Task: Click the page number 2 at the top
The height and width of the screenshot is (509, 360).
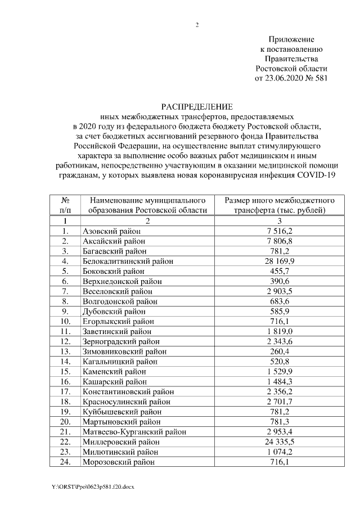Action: coord(197,24)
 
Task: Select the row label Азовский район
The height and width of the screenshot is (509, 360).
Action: coord(111,231)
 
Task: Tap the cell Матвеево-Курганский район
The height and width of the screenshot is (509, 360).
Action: coord(134,432)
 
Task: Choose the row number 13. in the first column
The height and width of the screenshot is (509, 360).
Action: coord(65,352)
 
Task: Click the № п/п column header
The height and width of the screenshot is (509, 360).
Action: coord(65,205)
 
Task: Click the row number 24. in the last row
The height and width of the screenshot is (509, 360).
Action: coord(65,462)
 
